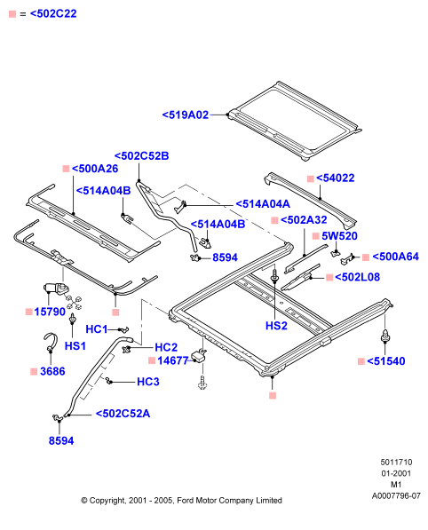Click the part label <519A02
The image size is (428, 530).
(186, 115)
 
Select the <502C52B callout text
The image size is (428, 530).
(141, 156)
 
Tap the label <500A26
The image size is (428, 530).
(95, 169)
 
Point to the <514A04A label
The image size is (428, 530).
(263, 204)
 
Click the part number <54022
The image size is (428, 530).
(335, 178)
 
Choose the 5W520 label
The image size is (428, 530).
(339, 236)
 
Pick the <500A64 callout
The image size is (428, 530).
(395, 257)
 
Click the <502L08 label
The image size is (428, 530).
(357, 277)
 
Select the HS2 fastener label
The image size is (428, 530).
(276, 326)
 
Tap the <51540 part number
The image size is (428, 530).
(385, 361)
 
